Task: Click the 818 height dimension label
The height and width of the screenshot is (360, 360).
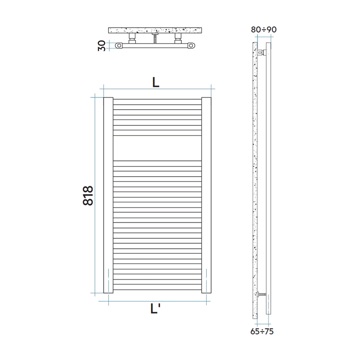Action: coord(88,195)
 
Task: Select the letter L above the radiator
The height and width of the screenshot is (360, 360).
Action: coord(156,83)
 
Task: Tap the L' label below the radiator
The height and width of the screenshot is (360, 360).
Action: coord(155,310)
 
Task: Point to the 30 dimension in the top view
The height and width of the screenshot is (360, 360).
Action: coord(102,46)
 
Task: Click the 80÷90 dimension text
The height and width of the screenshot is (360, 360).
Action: coord(263,30)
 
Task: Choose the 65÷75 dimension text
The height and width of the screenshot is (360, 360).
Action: coord(262,331)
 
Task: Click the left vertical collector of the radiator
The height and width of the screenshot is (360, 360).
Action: coord(108,195)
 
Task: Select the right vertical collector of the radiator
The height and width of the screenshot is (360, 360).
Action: coord(206,195)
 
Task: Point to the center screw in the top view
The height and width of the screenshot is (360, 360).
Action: coord(155,39)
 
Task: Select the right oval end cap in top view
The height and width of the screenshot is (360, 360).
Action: coord(192,45)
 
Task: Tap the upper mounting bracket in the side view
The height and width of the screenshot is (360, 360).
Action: coord(262,53)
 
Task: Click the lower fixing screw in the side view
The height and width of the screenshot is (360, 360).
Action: coord(262,294)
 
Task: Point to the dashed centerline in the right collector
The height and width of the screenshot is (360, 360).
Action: coord(206,280)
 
